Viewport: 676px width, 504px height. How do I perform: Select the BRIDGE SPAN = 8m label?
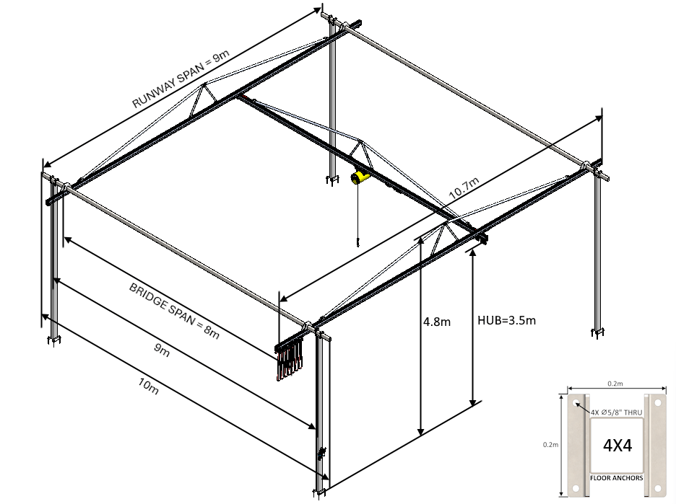[x=173, y=311]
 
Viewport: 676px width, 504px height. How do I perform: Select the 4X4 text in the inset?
[x=617, y=446]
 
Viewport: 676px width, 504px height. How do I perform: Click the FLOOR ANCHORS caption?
[x=617, y=478]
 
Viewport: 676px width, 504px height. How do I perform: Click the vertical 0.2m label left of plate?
[x=550, y=445]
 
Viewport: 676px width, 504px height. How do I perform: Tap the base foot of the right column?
[x=597, y=332]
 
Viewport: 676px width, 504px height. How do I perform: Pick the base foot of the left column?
[x=53, y=340]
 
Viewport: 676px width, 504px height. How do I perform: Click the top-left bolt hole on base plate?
[x=576, y=405]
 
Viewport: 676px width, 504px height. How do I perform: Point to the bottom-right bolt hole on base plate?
[x=658, y=488]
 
